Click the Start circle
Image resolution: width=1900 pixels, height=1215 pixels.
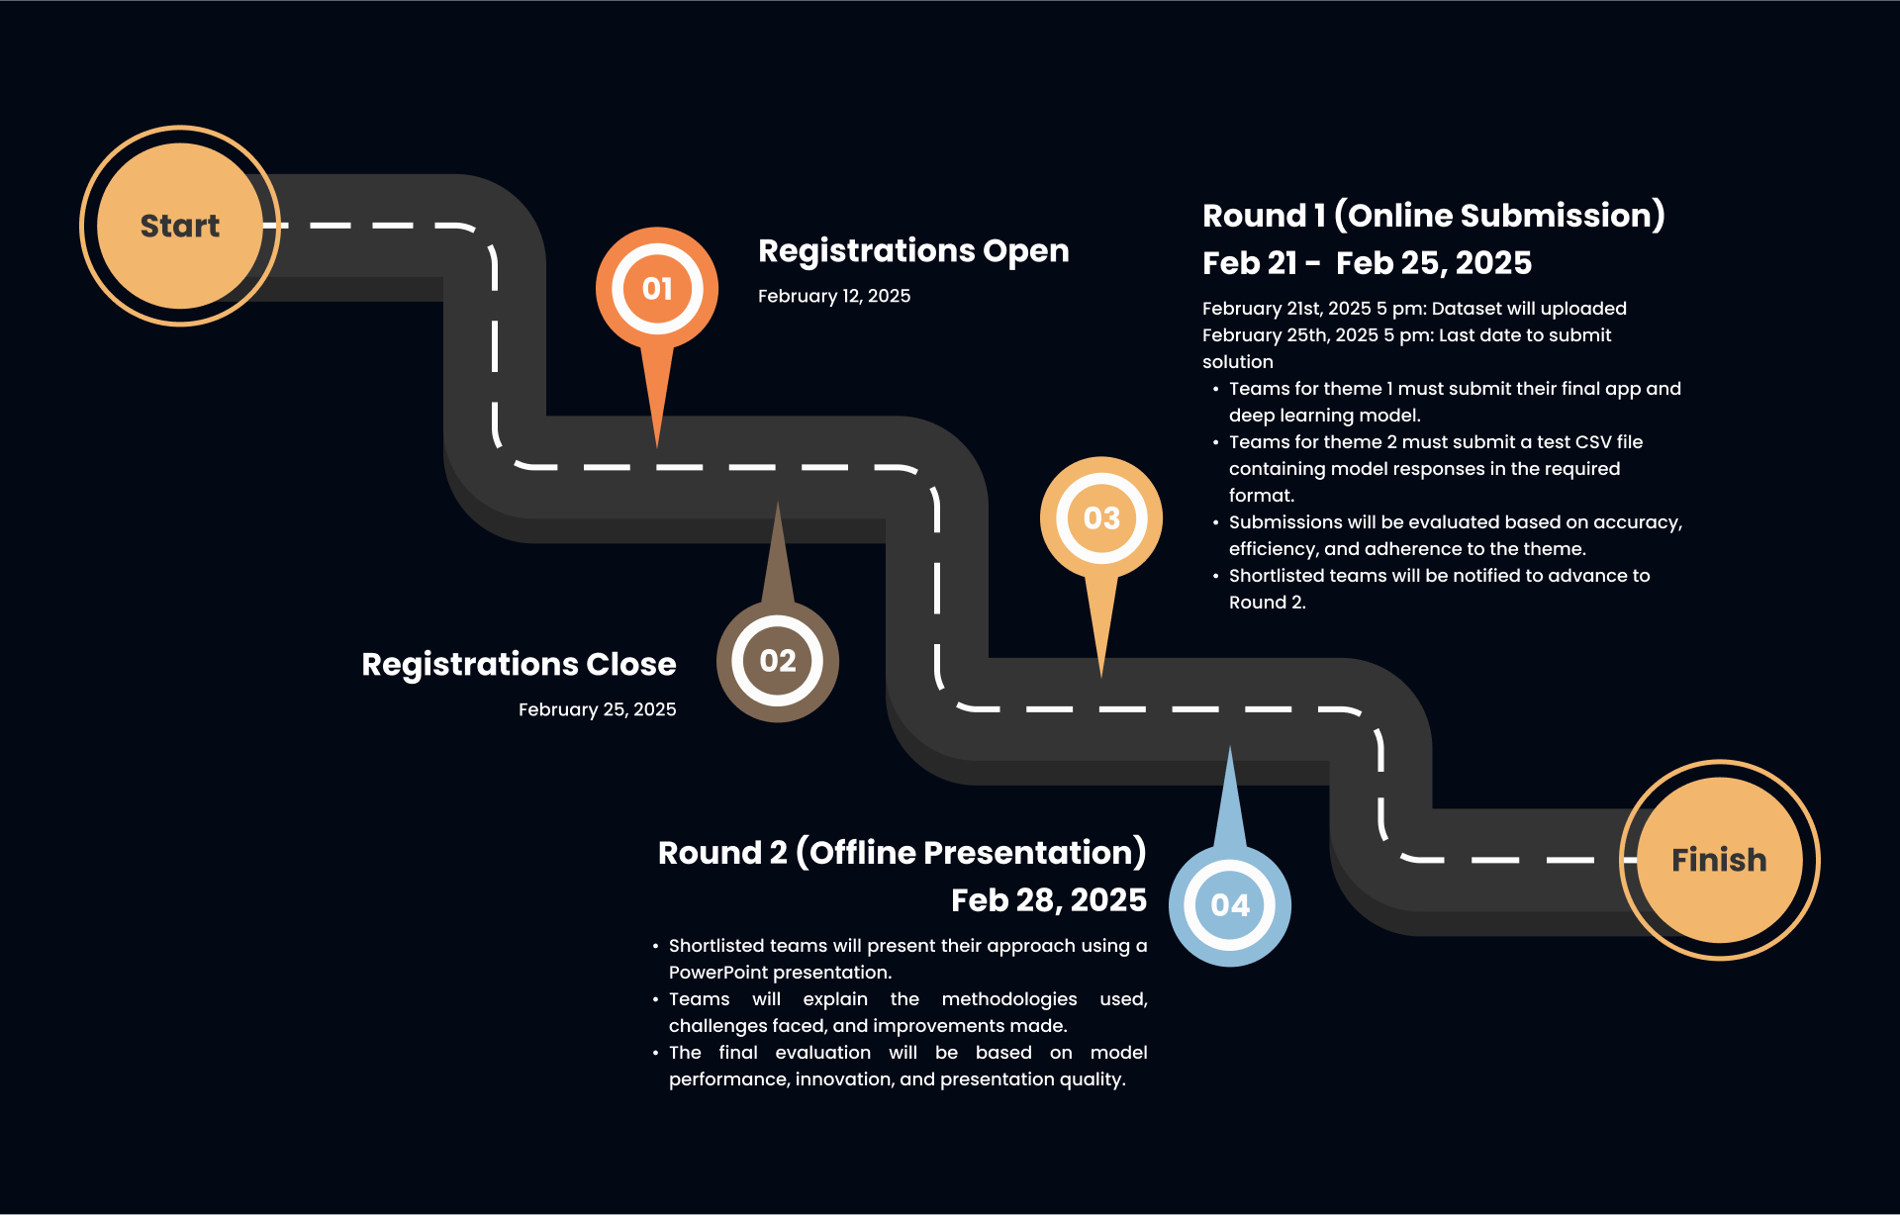[180, 226]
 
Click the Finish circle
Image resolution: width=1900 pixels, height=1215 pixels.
[1719, 860]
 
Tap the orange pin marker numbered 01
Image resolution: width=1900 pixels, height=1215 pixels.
[657, 289]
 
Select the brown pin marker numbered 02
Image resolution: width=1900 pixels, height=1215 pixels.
[778, 661]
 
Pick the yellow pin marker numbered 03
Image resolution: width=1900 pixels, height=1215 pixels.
[1101, 518]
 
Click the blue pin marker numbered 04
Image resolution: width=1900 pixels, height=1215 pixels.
[1230, 904]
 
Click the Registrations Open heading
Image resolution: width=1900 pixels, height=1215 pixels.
[913, 251]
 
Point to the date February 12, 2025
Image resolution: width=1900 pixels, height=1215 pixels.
[834, 296]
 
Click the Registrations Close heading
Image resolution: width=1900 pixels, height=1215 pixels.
[519, 664]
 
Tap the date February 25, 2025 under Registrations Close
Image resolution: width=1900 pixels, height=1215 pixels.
[597, 709]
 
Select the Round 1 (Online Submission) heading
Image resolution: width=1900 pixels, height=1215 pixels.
[1433, 216]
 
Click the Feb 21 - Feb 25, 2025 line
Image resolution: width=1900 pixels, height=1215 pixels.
[1367, 263]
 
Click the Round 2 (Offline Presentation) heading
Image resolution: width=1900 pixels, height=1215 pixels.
[902, 853]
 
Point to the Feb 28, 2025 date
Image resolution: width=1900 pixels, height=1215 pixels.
[1048, 900]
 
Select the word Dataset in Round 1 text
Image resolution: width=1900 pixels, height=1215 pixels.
[1469, 309]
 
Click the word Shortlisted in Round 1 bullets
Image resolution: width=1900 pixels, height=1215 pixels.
[1279, 576]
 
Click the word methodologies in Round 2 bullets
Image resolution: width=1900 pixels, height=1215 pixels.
[1008, 999]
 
